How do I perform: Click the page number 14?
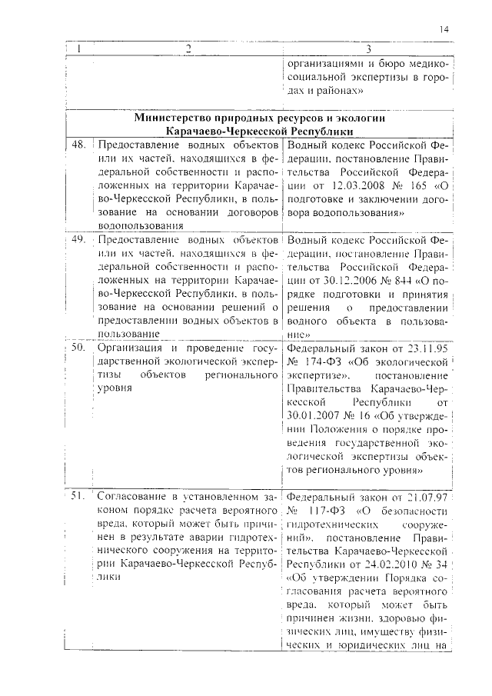tap(445, 28)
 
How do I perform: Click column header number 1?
tap(79, 49)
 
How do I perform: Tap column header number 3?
tap(368, 49)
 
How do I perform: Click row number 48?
tap(78, 145)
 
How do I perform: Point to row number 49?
tap(78, 239)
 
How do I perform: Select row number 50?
tap(78, 347)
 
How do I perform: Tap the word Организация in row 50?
tap(125, 347)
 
